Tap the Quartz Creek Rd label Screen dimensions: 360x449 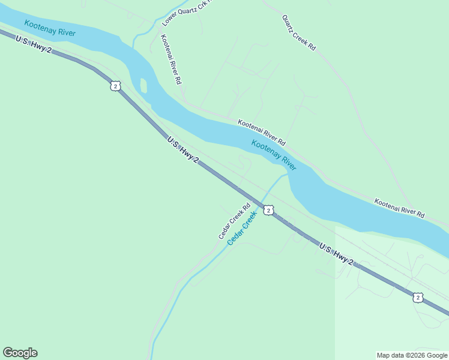[298, 32]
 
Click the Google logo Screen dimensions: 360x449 [20, 353]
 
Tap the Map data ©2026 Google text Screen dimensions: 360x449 [412, 355]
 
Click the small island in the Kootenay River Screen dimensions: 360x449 [143, 86]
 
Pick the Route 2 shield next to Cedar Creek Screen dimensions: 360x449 [268, 210]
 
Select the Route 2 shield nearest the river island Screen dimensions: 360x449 [115, 86]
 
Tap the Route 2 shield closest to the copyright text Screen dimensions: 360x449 [418, 297]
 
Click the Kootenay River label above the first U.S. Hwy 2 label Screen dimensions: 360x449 [50, 28]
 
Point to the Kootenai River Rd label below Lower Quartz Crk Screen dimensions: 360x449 [170, 59]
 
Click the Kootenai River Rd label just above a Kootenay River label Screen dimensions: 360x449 [261, 132]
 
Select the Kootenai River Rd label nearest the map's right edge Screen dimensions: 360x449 [399, 208]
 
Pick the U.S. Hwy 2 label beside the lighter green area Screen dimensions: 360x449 [336, 254]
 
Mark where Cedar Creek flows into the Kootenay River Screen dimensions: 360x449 [287, 175]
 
